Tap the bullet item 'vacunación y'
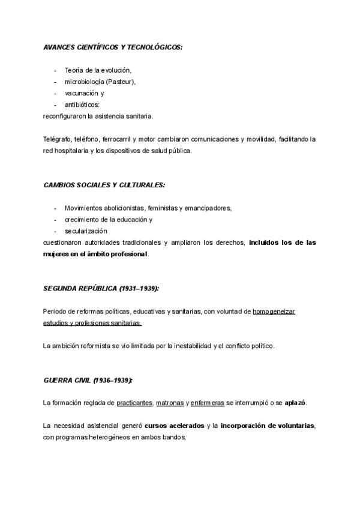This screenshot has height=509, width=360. tap(85, 93)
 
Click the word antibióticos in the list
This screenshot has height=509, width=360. tap(86, 104)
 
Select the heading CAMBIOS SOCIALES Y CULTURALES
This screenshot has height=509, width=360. tap(104, 185)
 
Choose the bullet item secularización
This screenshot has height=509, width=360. tap(86, 231)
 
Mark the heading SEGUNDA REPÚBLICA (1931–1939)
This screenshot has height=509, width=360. tap(101, 289)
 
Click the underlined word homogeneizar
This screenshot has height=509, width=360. tap(274, 312)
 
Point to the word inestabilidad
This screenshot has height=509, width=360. tap(190, 346)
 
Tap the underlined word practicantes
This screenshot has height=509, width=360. tap(135, 403)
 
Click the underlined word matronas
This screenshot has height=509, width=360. tap(170, 403)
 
